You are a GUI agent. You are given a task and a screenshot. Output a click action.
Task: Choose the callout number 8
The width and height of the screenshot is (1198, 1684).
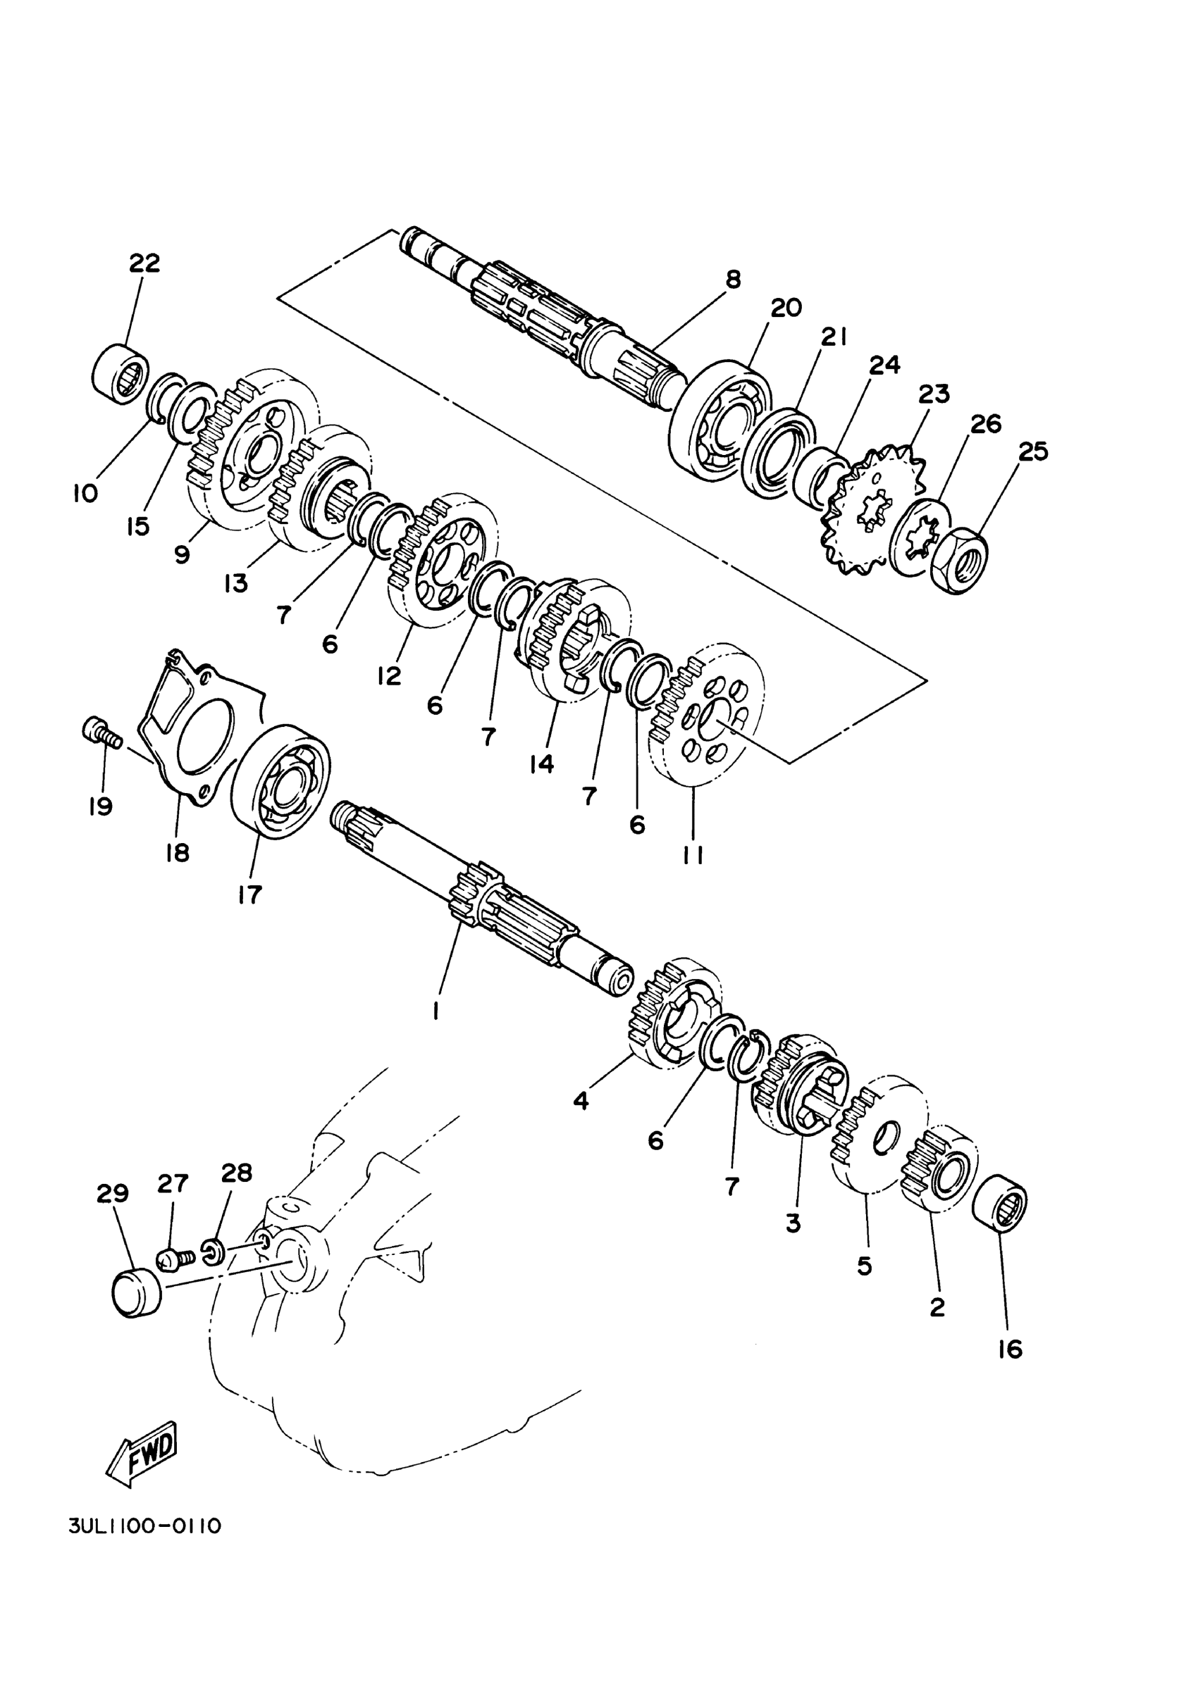(x=732, y=280)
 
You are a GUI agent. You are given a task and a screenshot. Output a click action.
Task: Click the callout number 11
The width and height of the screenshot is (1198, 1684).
(x=693, y=854)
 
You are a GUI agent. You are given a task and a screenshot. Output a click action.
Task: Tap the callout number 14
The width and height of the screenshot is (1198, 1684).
(x=541, y=764)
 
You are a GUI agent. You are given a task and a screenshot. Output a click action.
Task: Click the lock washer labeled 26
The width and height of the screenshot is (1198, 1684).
(x=920, y=538)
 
